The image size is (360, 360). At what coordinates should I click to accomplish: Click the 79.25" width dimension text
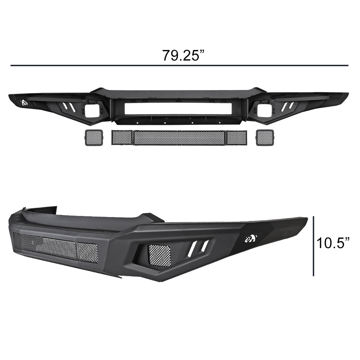click(x=183, y=55)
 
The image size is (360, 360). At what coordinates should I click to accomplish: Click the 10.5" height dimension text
click(x=333, y=243)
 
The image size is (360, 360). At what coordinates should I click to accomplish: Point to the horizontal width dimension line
click(x=179, y=66)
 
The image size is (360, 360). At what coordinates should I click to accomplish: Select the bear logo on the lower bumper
click(x=251, y=239)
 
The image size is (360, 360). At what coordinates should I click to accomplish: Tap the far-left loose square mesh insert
click(x=94, y=138)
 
